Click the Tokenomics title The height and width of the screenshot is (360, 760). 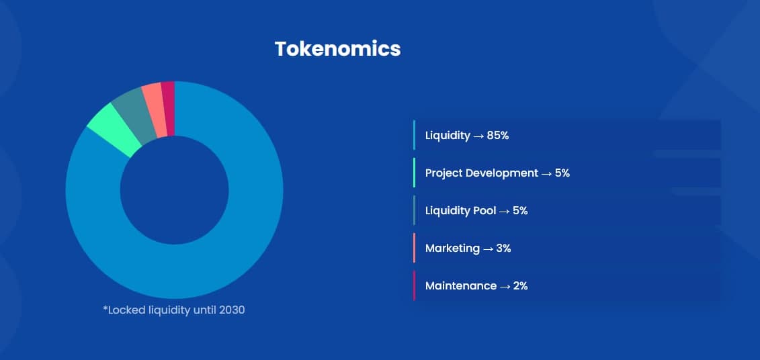click(x=337, y=49)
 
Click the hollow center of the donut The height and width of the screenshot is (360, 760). click(x=175, y=190)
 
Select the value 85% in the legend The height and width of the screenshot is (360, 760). click(x=498, y=136)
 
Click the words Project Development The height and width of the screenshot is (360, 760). click(x=481, y=173)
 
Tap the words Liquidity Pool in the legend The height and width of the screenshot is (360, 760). click(x=460, y=212)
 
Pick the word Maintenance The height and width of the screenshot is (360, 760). click(x=460, y=286)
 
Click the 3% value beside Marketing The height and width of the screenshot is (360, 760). click(x=503, y=249)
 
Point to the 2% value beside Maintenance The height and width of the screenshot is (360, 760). click(x=520, y=286)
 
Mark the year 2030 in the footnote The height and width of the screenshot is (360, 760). click(x=232, y=310)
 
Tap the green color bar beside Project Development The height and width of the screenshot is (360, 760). click(x=415, y=173)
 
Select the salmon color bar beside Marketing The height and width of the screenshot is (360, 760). click(x=415, y=248)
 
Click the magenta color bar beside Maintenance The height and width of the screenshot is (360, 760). click(x=415, y=286)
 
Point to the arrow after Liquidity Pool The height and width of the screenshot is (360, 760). click(x=504, y=212)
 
